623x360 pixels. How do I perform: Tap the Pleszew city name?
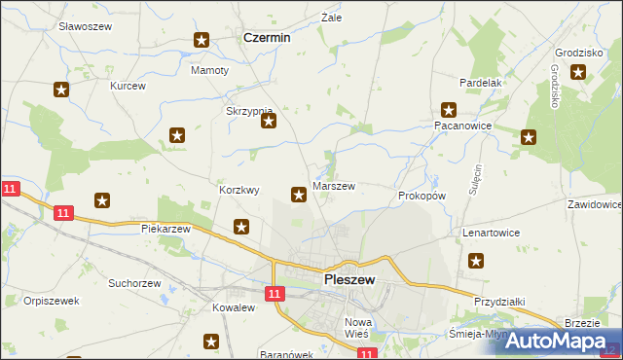point(348,279)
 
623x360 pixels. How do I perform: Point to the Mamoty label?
point(209,71)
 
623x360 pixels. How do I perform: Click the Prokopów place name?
point(421,196)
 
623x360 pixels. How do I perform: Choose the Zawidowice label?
point(594,205)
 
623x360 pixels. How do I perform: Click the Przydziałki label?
point(499,303)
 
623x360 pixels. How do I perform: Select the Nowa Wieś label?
point(359,327)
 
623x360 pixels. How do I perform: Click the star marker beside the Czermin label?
point(202,40)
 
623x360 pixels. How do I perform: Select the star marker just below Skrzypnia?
point(269,122)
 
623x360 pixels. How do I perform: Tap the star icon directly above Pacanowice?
point(448,110)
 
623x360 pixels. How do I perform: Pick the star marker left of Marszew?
point(298,196)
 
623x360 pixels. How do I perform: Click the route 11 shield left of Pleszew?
point(275,293)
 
